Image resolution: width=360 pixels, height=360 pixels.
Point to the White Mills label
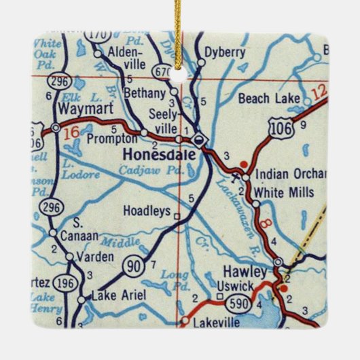[x=288, y=192]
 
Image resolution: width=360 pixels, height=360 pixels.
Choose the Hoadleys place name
[x=146, y=212]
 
